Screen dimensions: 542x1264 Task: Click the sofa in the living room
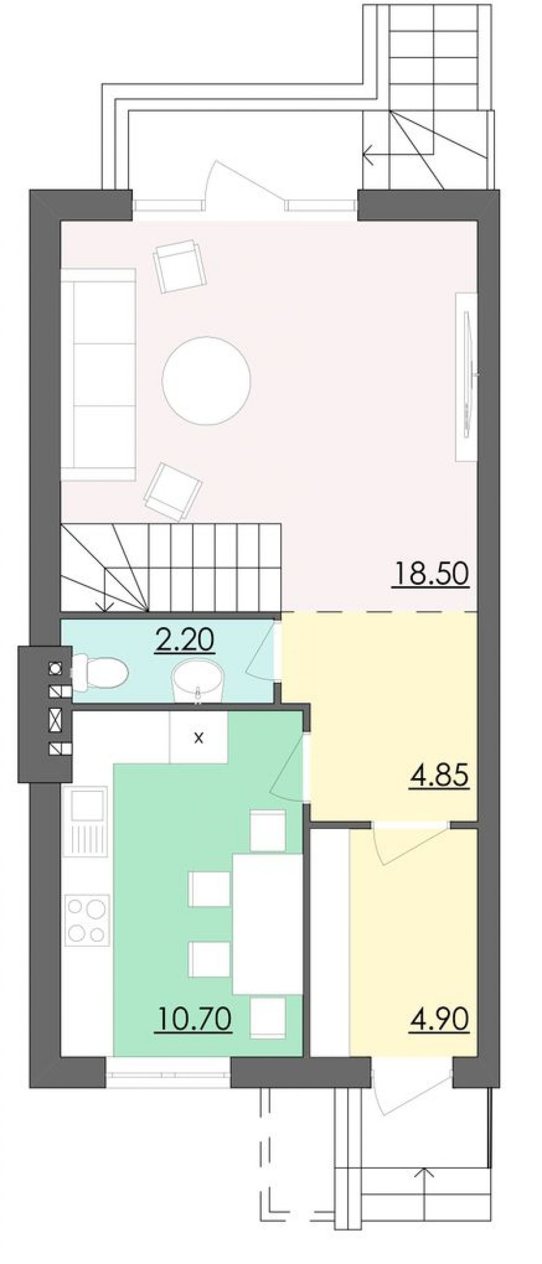98,374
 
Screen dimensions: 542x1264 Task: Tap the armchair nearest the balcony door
180,266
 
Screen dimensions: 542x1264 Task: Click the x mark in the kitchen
199,737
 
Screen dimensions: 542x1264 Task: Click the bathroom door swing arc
259,649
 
